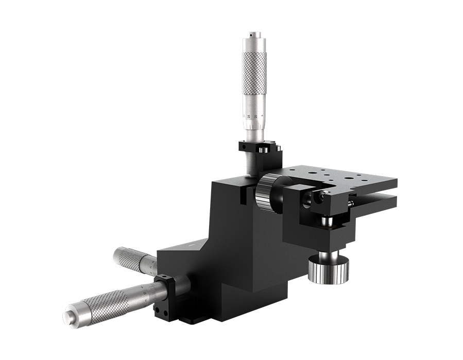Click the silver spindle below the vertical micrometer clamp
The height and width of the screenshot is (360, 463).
tap(249, 165)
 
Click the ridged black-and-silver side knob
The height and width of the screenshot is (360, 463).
tap(267, 193)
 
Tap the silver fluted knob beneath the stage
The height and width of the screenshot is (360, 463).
tap(328, 271)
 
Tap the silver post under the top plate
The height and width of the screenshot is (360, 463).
tap(325, 221)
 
